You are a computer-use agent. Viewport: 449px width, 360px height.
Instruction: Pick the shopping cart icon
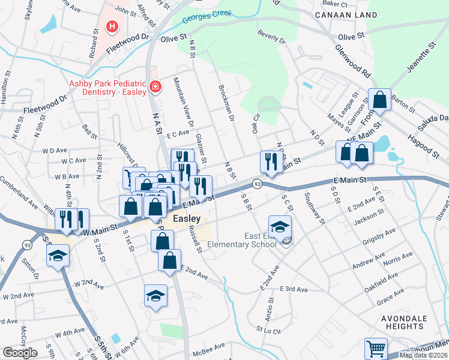point(376,348)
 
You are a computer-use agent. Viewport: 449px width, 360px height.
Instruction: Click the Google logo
point(20,353)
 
